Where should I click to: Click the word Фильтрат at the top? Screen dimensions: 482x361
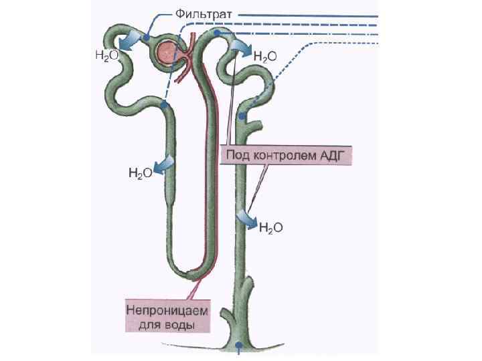204,13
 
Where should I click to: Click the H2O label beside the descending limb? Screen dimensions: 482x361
140,174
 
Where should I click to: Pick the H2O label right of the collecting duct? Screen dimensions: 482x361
270,228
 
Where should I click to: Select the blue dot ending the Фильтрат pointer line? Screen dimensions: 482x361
145,39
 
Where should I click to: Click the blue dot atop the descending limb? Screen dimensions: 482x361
164,106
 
